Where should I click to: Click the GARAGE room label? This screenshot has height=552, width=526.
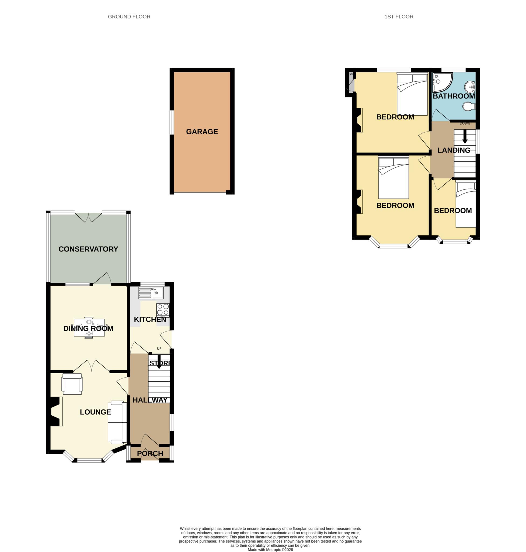tap(202, 132)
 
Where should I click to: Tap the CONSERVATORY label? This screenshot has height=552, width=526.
tap(88, 249)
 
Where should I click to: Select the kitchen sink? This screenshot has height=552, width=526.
tap(151, 293)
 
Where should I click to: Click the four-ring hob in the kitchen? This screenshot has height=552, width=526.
tap(163, 310)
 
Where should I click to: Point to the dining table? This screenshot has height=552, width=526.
tap(89, 327)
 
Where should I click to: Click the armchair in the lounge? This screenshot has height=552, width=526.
tap(72, 384)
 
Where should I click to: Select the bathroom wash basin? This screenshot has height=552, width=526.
tap(470, 87)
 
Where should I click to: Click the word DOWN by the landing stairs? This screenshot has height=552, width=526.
tap(465, 123)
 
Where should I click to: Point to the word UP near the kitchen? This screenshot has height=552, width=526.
tap(159, 349)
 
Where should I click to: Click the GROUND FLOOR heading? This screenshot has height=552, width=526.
tap(129, 16)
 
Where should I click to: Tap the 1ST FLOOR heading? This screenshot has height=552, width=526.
tap(399, 16)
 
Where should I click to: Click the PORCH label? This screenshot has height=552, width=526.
tap(150, 454)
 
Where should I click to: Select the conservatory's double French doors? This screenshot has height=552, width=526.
tap(88, 217)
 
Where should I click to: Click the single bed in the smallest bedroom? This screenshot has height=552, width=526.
tap(466, 204)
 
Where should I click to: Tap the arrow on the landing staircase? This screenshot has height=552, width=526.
tap(465, 137)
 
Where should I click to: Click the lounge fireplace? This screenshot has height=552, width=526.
tap(55, 412)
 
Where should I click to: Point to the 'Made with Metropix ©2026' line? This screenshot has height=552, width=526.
tap(270, 550)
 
